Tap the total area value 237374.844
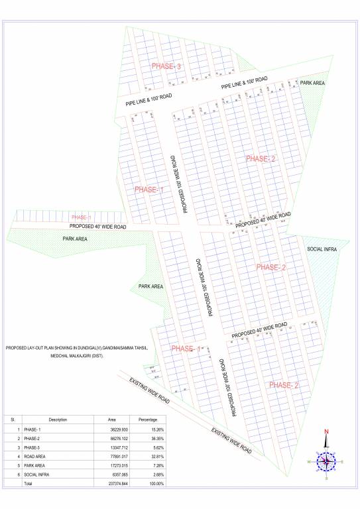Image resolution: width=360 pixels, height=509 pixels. coord(117,484)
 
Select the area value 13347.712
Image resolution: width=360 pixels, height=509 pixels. coord(117,448)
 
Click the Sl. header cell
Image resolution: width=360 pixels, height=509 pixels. coord(13,420)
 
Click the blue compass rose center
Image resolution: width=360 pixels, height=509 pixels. coord(326,460)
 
